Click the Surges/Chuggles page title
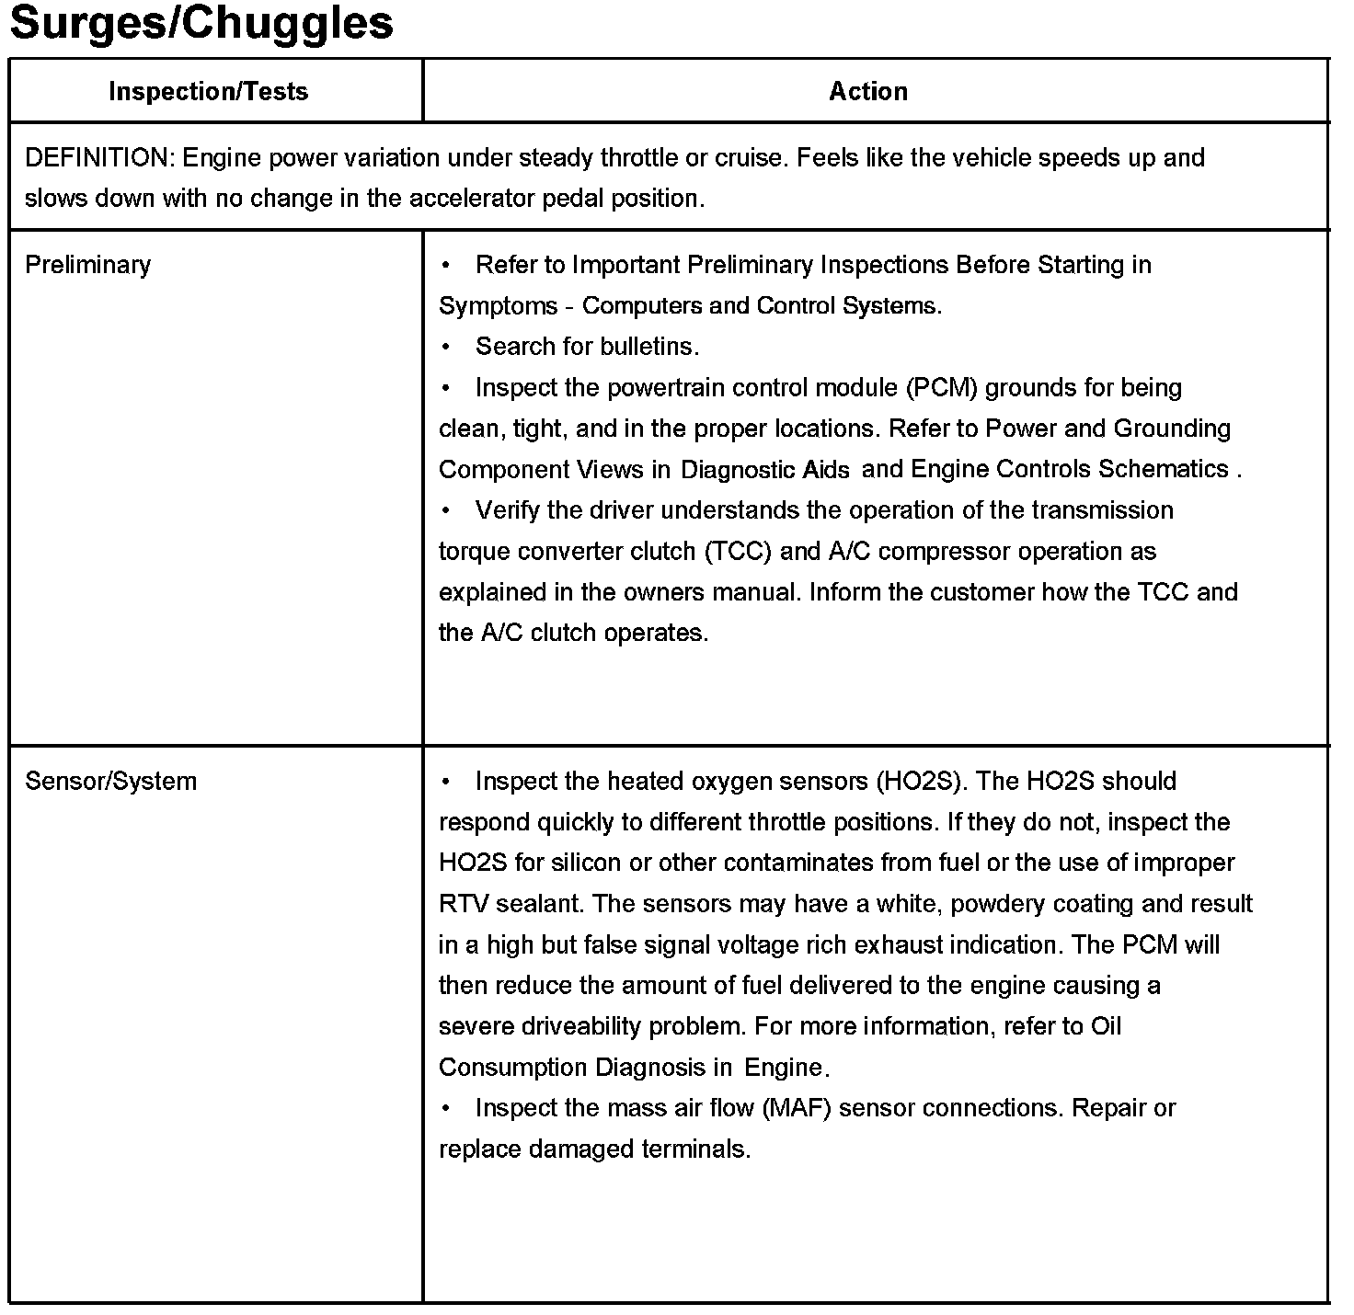coord(201,24)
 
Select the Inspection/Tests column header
coord(209,92)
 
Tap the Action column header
coord(868,92)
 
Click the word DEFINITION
coord(97,158)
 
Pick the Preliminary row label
coord(87,265)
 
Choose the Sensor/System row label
coord(110,782)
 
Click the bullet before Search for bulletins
coord(446,347)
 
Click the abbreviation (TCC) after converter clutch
coord(738,552)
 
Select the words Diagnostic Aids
coord(765,470)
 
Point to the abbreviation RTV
coord(464,904)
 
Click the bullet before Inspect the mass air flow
coord(446,1108)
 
